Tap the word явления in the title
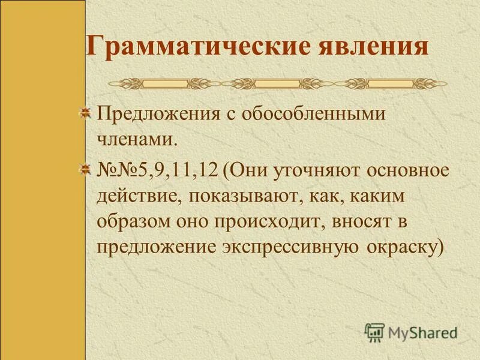(x=370, y=47)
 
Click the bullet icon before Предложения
(x=86, y=112)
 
